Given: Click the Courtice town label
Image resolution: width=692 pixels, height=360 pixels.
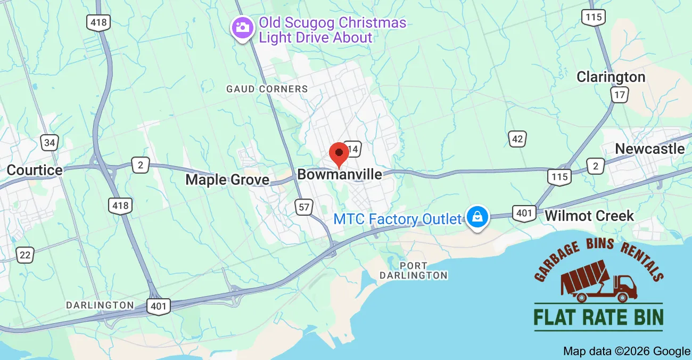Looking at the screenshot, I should tap(34, 170).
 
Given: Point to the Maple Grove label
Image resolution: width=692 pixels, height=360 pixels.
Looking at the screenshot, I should tap(227, 180).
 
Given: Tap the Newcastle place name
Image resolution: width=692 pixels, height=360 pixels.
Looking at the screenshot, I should tap(649, 149).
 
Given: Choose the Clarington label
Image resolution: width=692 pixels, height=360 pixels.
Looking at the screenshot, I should tap(611, 77).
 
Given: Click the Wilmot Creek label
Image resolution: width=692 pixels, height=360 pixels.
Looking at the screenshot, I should tap(589, 216).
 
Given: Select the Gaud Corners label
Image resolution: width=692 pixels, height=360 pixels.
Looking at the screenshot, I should tap(267, 89).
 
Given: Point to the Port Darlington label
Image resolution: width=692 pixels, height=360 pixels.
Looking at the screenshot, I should tap(414, 271).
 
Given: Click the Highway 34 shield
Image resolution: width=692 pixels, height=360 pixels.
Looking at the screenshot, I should tap(50, 142).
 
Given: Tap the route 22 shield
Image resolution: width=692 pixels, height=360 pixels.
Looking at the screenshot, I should tap(24, 255).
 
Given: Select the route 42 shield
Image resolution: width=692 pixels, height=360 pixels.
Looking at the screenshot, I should tap(517, 139).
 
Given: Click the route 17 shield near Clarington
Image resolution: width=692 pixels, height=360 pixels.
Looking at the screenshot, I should tap(620, 95).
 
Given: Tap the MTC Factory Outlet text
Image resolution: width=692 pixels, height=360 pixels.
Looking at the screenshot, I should tap(397, 219).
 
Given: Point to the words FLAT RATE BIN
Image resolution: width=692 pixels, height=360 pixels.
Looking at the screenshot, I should tap(598, 317).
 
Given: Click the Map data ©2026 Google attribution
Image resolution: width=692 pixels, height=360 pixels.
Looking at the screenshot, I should tap(627, 351).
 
